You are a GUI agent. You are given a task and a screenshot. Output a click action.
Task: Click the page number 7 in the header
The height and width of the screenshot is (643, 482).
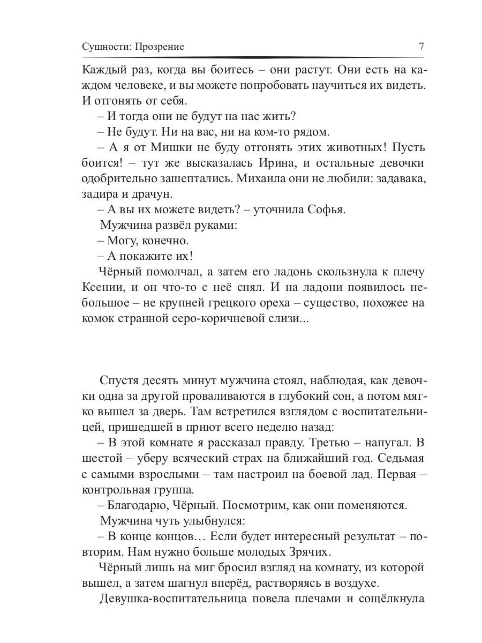point(421,47)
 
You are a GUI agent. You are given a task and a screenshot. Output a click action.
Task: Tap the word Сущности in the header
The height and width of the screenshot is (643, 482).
point(102,47)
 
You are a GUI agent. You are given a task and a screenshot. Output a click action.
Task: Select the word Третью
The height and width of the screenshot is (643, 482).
point(315,443)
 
